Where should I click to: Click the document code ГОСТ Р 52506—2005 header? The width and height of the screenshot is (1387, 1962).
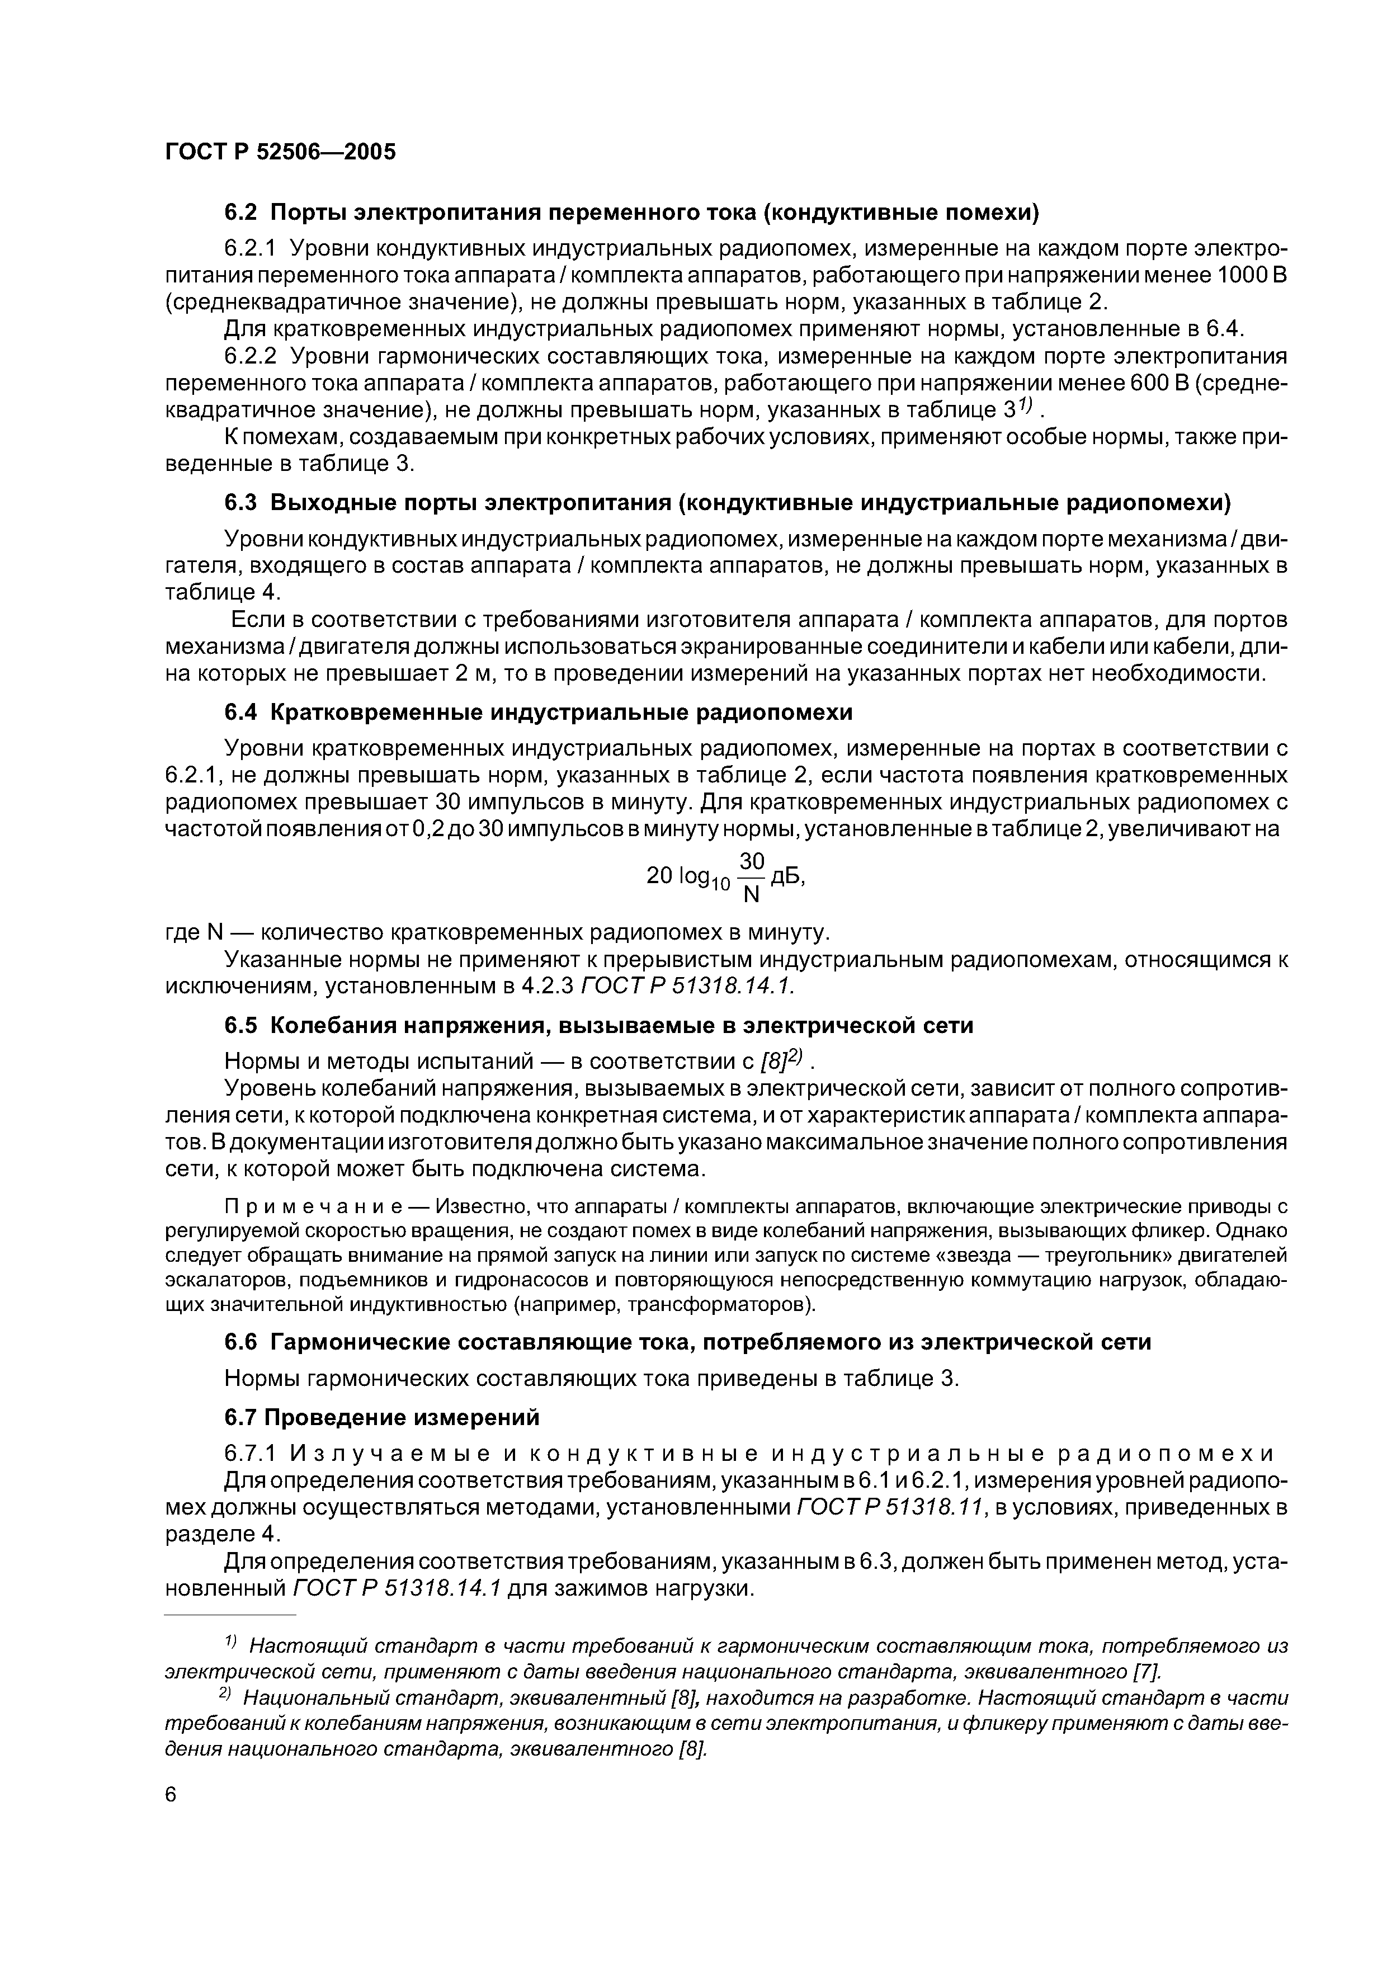(x=280, y=152)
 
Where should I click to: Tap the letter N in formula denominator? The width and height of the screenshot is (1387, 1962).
(x=751, y=895)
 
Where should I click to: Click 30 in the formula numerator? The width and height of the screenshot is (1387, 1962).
(x=751, y=861)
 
